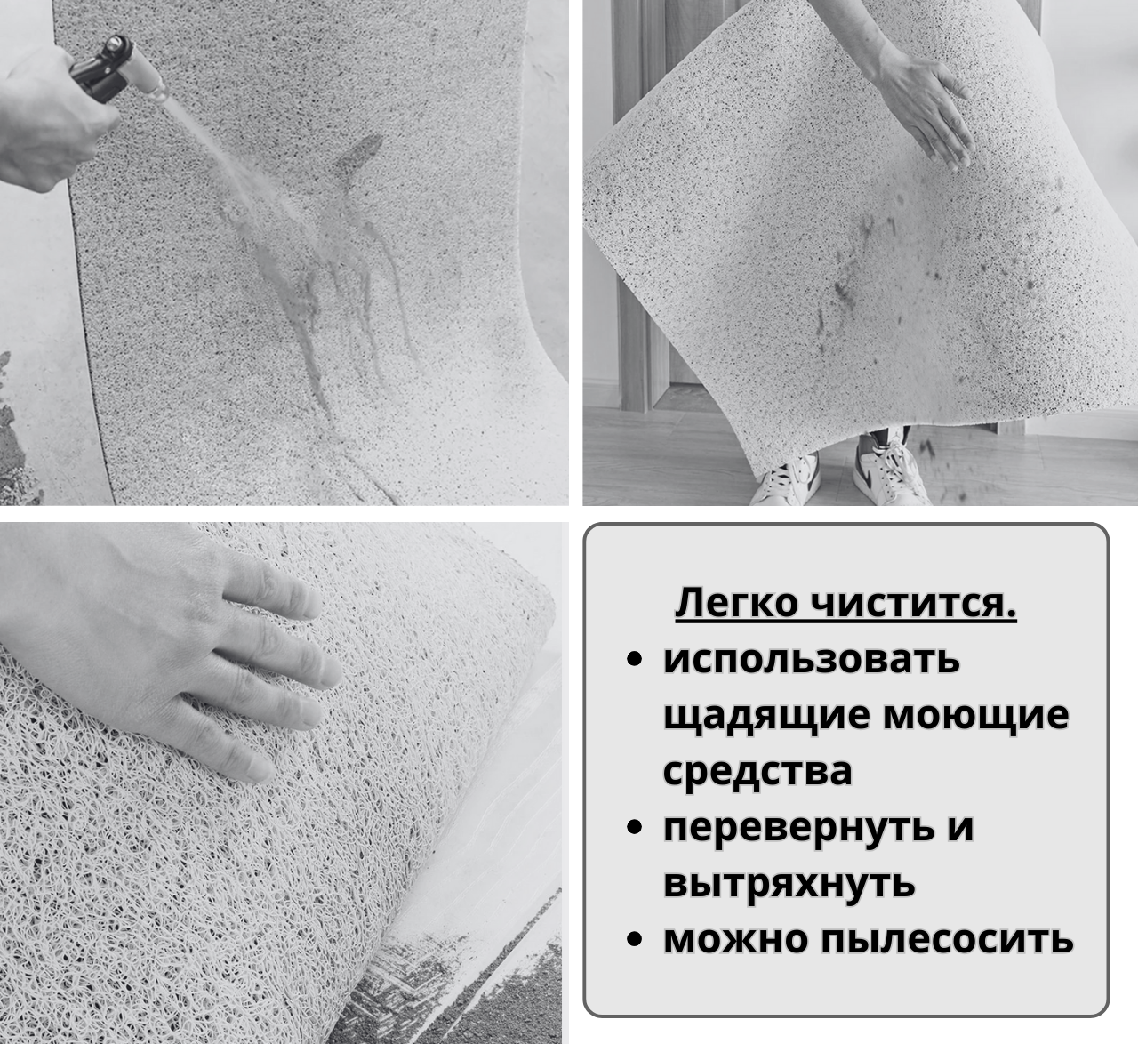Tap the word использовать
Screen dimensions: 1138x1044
pos(811,660)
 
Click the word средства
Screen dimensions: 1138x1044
pos(757,772)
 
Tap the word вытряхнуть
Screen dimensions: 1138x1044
pos(789,884)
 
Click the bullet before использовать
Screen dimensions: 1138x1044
pos(635,660)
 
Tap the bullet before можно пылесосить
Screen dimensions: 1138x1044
pos(635,940)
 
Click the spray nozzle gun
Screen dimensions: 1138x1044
pos(114,69)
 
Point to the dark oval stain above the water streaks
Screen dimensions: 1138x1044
pos(357,153)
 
